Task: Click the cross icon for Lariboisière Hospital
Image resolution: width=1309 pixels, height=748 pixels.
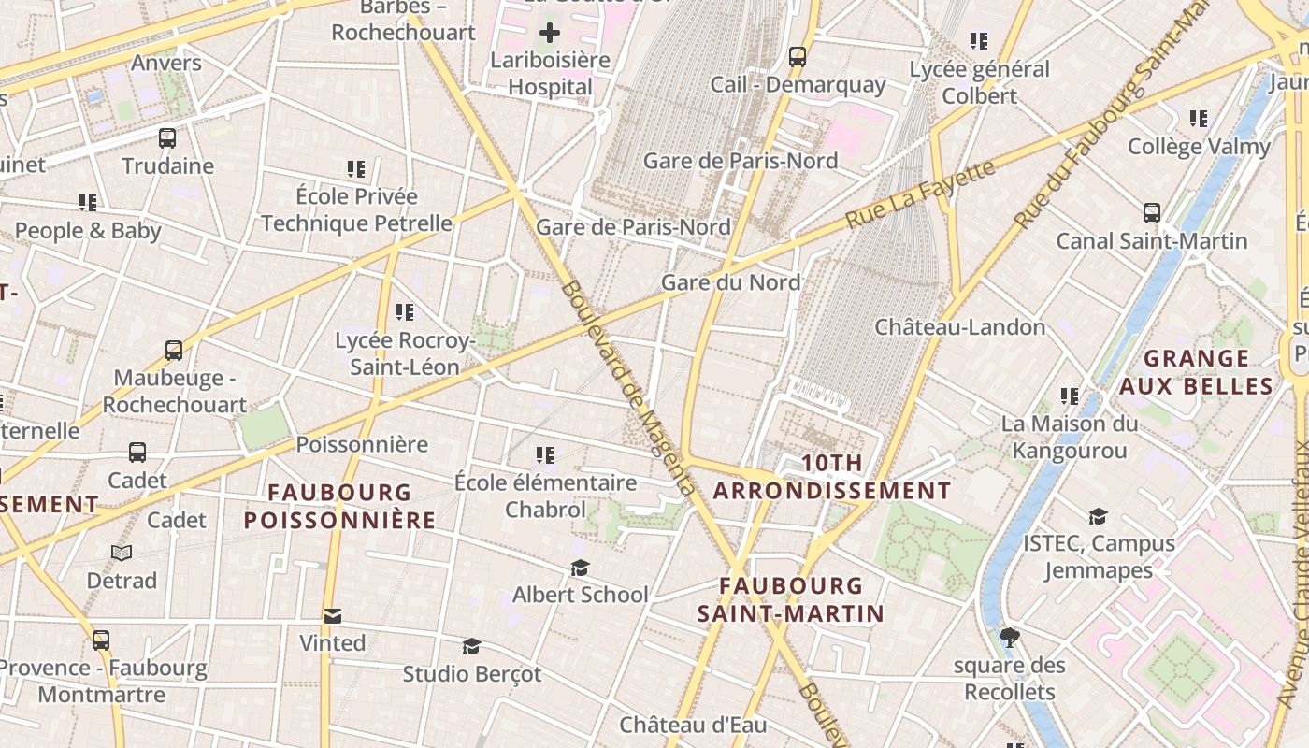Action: point(550,33)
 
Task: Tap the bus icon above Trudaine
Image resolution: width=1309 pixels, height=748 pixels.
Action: point(167,138)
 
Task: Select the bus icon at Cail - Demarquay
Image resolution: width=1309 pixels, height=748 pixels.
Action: point(798,56)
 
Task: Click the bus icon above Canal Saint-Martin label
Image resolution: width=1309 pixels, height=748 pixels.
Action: point(1152,213)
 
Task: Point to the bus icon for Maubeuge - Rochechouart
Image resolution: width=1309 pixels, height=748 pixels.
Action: point(174,351)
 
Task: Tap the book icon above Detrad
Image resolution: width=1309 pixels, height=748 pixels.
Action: point(122,553)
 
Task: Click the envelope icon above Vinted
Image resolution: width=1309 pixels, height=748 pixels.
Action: point(333,616)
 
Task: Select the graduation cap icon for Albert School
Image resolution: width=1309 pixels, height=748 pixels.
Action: point(581,568)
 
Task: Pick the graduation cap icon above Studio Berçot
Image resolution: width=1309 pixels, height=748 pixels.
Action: point(472,646)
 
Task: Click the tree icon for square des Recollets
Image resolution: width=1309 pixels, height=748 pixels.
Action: point(1009,638)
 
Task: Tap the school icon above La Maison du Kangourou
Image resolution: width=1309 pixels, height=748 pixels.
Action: point(1070,396)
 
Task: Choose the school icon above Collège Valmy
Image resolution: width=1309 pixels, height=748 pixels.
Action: point(1199,119)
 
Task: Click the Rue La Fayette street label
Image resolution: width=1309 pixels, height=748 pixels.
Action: point(920,194)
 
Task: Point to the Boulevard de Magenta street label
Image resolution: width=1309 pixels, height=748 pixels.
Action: point(628,388)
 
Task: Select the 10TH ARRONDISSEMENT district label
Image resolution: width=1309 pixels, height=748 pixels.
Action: point(832,477)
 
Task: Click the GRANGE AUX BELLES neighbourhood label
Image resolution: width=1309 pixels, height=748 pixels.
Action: point(1197,372)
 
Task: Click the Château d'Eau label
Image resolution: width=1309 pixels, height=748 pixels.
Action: point(693,725)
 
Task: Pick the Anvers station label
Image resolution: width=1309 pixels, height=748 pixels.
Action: point(166,63)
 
